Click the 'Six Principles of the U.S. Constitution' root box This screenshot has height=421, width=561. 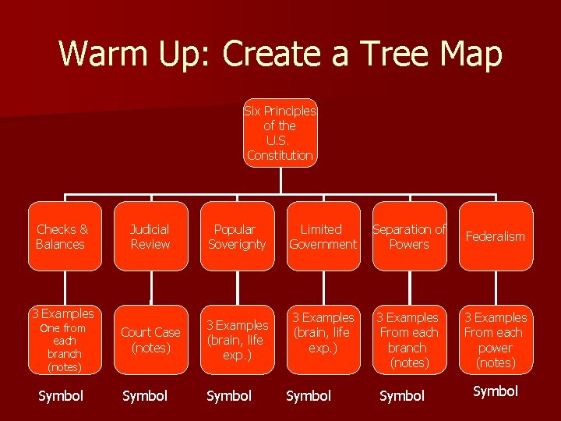coord(280,133)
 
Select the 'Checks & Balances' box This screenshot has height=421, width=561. coord(65,236)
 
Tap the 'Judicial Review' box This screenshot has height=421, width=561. coord(150,236)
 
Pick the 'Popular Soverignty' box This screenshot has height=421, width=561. coord(237,236)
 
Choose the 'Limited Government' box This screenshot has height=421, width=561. coord(323,236)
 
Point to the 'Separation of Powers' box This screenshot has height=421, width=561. coord(409,236)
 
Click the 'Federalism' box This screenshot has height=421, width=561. coord(496,236)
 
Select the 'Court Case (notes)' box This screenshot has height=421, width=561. coord(150,340)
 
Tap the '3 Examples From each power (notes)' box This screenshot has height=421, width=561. coord(496,340)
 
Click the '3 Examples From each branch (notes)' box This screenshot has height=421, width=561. coord(409,340)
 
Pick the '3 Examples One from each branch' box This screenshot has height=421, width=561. coord(65,340)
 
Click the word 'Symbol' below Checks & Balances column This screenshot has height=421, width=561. coord(61,396)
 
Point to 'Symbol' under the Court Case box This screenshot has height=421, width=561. coord(145,396)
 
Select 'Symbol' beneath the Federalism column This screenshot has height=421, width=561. coord(496,391)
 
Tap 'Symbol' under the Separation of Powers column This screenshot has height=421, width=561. coord(402,396)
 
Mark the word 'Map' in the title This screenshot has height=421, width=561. coord(471,55)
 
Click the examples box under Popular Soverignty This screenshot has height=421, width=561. coord(237,340)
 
